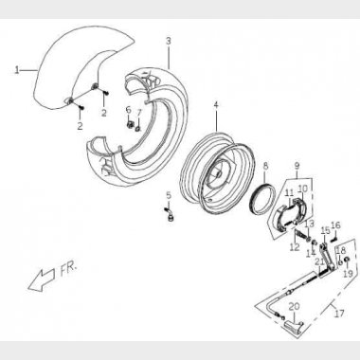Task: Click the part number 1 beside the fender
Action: [17, 70]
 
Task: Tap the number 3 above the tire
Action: [169, 41]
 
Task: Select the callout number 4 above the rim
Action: [216, 105]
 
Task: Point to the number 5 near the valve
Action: [169, 195]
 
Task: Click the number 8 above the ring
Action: [265, 165]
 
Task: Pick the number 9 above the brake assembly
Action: [297, 165]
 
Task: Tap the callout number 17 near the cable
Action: [339, 314]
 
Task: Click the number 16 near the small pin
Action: [335, 225]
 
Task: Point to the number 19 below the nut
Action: [348, 273]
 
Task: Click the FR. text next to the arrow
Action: [68, 270]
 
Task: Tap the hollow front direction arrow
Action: [43, 279]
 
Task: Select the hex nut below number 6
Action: [129, 124]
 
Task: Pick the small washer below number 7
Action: [138, 128]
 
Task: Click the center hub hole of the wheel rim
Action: [218, 173]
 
